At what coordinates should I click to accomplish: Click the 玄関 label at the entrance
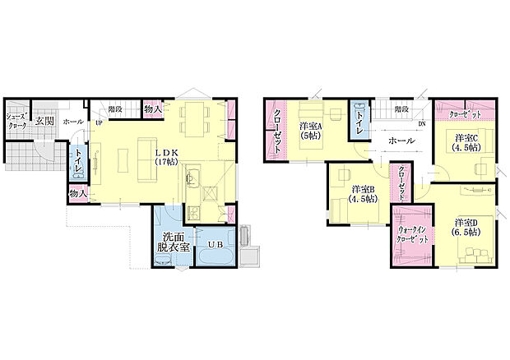point(44,122)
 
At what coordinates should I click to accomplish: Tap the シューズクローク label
point(16,121)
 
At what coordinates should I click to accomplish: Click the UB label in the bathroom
point(215,244)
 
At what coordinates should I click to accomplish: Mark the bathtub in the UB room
point(216,258)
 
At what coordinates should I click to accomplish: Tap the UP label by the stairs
point(99,123)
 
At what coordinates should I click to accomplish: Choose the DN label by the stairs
point(422,124)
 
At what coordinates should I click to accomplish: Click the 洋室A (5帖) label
point(311,132)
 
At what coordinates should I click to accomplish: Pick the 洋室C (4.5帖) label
point(466,142)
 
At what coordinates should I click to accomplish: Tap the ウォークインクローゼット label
point(410,236)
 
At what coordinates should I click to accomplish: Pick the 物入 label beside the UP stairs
point(151,108)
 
